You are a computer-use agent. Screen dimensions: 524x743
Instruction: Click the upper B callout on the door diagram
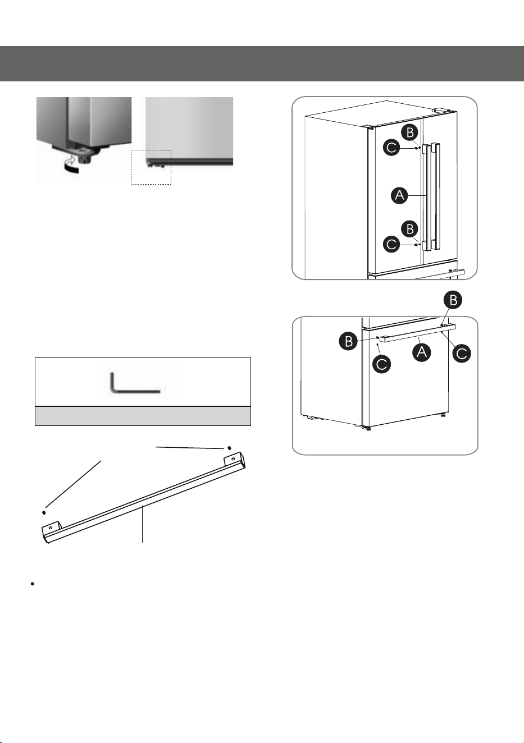coord(410,133)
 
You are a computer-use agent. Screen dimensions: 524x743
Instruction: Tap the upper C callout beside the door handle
coord(392,148)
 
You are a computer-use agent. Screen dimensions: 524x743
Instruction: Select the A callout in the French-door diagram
coord(399,195)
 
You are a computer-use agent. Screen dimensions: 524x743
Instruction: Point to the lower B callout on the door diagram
coord(410,229)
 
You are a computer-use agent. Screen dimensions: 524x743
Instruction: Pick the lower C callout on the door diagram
coord(392,245)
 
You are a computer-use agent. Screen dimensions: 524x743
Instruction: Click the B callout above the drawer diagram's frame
coord(453,300)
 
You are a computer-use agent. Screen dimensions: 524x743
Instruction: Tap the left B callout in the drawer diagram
coord(348,341)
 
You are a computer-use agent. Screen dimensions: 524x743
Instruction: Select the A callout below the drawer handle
coord(422,352)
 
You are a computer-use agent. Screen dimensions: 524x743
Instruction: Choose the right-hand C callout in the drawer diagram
coord(462,354)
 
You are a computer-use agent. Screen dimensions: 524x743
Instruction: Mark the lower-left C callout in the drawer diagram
coord(381,365)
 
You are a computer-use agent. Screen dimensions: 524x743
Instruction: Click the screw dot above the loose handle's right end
coord(229,448)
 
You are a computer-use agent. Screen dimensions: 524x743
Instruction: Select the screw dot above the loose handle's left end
coord(44,513)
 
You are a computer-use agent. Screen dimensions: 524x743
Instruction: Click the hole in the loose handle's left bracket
coord(51,528)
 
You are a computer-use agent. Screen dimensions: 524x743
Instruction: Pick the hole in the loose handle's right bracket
coord(233,459)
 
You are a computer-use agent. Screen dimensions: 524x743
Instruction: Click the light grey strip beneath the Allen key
coord(143,416)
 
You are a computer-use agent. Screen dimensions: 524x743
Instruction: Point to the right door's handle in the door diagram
coord(436,196)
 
